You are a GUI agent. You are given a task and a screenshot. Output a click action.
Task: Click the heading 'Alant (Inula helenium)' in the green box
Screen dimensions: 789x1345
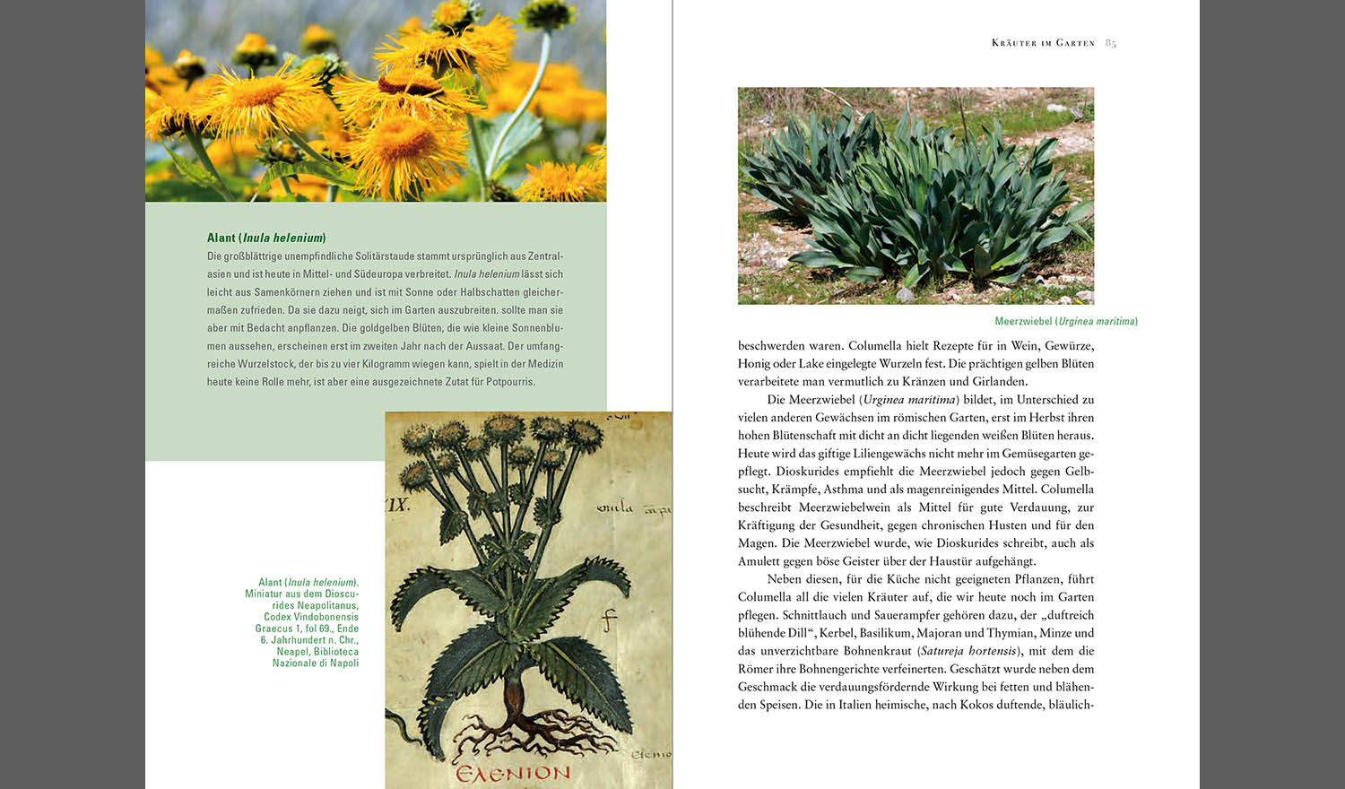point(266,238)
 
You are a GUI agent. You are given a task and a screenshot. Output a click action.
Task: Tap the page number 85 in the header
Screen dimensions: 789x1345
point(1110,43)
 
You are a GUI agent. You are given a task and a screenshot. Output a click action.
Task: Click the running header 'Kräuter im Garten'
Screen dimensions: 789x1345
point(1043,43)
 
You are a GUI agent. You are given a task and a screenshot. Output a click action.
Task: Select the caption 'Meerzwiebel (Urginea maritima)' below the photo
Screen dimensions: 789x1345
point(1065,321)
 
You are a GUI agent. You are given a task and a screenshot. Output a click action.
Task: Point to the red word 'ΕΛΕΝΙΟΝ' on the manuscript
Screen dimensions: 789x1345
point(512,773)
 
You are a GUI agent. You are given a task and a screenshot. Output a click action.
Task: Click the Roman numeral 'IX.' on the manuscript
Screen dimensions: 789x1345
point(397,505)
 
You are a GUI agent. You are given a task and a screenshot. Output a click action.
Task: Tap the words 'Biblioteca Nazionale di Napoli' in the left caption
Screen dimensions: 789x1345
point(317,657)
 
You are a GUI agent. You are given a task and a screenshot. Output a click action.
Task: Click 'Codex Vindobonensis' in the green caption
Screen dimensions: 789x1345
point(310,617)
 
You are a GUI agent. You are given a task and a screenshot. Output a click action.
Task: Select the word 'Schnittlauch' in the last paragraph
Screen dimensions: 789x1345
point(814,615)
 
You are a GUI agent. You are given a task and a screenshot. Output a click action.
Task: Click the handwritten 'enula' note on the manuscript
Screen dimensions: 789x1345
point(614,508)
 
